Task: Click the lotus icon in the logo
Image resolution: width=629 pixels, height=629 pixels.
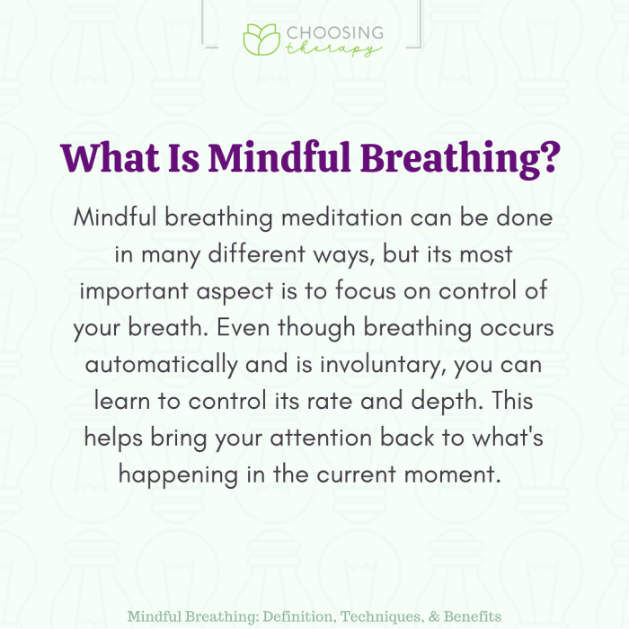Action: coord(261,39)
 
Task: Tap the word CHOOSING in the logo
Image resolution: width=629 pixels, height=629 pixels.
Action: coord(334,33)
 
